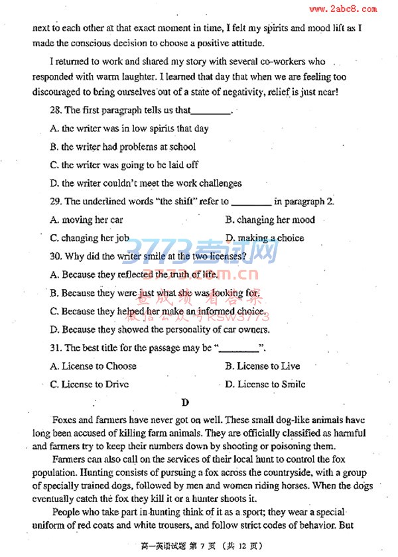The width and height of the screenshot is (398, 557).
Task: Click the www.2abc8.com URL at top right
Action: coord(342,9)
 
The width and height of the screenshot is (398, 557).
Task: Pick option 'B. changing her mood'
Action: coord(270,220)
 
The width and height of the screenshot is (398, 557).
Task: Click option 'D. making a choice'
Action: coord(265,238)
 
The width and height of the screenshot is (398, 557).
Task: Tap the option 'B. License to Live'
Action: coord(263,366)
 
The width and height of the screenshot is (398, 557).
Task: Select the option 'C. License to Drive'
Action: coord(90,385)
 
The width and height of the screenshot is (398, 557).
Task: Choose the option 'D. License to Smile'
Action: coord(265,385)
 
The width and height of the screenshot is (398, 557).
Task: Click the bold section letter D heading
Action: coord(185,402)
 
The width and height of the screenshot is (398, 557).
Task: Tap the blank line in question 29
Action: coord(251,202)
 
